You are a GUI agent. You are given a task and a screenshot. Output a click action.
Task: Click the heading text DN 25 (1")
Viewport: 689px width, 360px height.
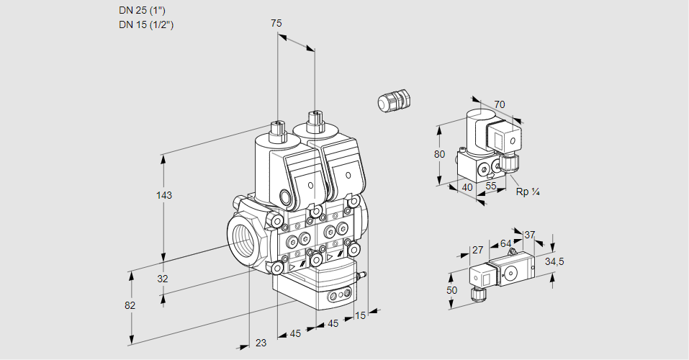click(145, 11)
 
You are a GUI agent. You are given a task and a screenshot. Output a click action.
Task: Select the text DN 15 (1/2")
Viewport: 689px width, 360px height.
click(147, 24)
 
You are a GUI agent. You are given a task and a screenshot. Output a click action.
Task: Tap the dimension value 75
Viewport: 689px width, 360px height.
click(276, 23)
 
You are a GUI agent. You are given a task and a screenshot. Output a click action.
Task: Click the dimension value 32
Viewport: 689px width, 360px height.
click(162, 279)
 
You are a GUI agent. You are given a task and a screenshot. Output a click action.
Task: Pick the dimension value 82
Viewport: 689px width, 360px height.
click(130, 305)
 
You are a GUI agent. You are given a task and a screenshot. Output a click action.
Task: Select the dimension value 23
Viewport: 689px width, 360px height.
click(260, 343)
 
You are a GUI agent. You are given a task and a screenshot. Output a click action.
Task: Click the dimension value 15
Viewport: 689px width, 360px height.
click(359, 315)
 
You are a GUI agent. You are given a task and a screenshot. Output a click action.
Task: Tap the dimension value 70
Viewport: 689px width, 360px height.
click(500, 104)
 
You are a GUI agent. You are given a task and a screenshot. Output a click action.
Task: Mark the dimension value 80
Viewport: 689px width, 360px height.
click(441, 154)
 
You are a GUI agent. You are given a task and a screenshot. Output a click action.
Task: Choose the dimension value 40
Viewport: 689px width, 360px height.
click(467, 187)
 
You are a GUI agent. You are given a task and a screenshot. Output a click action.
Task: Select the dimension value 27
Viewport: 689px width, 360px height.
click(477, 251)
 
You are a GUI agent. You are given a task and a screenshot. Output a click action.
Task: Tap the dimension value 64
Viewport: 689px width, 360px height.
click(505, 244)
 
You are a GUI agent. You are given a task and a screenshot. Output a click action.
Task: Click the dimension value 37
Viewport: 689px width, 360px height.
click(529, 235)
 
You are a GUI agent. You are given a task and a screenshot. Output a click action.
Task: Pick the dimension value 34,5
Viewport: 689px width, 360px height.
click(554, 261)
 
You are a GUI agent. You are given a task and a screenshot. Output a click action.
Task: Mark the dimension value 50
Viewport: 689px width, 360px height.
click(451, 290)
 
